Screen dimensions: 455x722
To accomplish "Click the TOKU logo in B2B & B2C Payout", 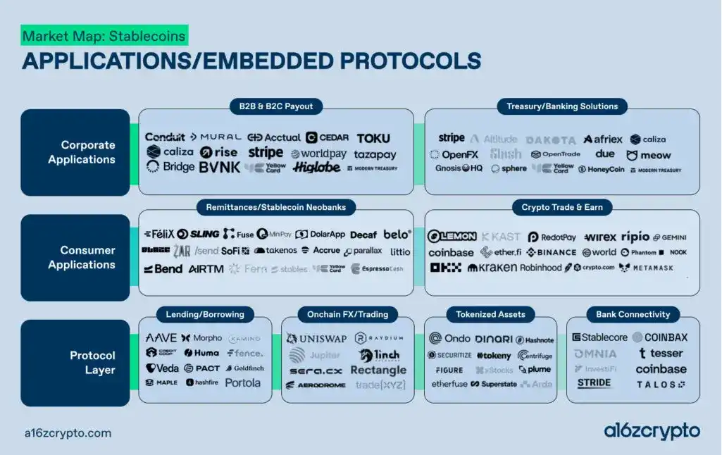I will point(373,138).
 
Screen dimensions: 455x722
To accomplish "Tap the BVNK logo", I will point(219,168).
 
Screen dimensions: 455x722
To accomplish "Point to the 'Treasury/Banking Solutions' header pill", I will point(562,107).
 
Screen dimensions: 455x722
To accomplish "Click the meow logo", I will point(649,155).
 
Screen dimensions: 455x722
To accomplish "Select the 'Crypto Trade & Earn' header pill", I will point(562,208).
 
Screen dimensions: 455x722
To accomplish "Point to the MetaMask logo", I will point(646,268).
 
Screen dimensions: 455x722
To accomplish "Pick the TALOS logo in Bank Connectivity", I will point(661,385).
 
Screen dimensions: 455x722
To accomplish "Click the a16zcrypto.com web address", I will point(66,433).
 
